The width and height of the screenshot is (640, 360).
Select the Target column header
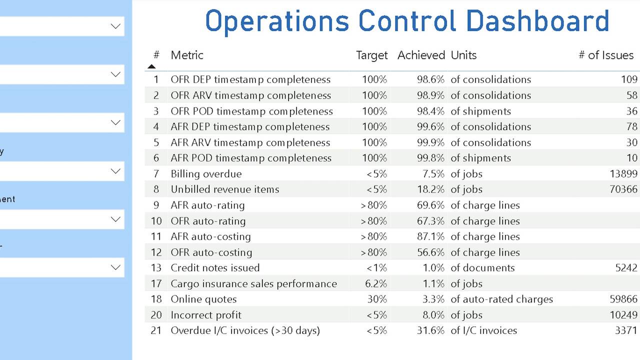click(371, 55)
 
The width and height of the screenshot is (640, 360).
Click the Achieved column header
click(421, 55)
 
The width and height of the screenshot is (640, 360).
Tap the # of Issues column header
click(606, 55)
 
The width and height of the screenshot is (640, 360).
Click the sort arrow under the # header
click(152, 66)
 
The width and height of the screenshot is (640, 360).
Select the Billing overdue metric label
click(206, 174)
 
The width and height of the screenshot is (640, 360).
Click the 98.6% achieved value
click(430, 79)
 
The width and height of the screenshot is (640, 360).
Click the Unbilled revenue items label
click(224, 189)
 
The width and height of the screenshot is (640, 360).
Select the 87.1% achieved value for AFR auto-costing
click(430, 236)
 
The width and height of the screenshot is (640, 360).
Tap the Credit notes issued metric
click(215, 268)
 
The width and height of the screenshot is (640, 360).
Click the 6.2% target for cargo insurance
click(376, 283)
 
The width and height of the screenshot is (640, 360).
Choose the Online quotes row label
click(203, 299)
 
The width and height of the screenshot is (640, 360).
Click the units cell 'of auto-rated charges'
click(501, 299)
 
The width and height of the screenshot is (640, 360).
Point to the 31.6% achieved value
click(430, 330)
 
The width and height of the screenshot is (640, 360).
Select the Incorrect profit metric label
click(206, 315)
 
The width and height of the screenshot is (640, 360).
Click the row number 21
click(156, 330)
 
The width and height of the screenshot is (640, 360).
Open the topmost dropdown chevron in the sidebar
click(115, 26)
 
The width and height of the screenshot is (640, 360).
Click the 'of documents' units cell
click(482, 268)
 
